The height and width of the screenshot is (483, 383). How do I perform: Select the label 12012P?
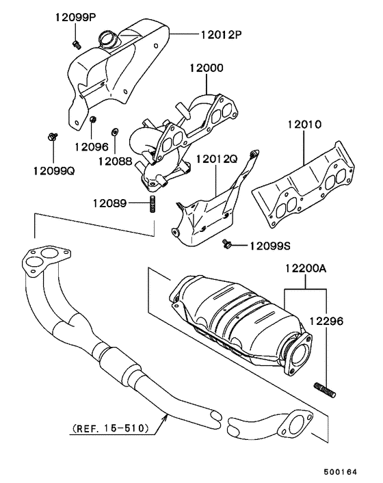click(x=222, y=34)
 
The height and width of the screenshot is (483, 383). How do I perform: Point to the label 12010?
click(x=304, y=126)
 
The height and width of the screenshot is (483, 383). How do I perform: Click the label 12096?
click(x=92, y=146)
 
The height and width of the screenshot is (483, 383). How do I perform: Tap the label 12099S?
click(x=269, y=245)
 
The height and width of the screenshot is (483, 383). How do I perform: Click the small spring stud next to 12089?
click(x=152, y=204)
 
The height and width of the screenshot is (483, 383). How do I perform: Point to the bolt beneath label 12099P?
click(x=76, y=44)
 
